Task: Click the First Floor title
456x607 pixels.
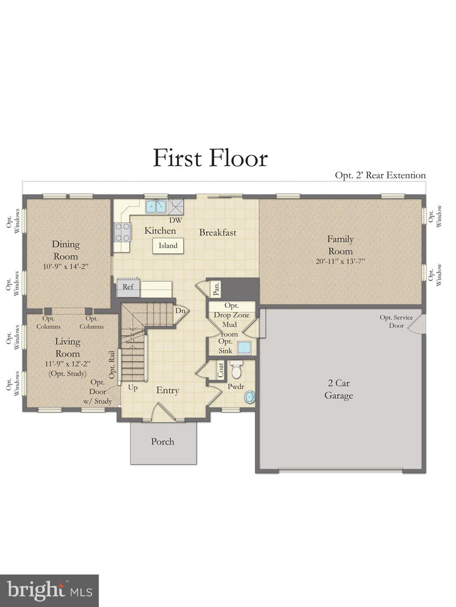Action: pos(210,158)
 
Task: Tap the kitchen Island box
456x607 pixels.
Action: pos(168,246)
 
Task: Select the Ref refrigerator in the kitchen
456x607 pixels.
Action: pos(128,287)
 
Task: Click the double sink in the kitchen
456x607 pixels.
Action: pos(156,206)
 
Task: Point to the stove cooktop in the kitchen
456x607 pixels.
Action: pos(122,232)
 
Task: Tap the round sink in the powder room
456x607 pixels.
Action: pos(250,396)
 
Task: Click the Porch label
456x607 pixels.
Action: pos(162,442)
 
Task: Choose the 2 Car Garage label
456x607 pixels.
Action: pos(338,389)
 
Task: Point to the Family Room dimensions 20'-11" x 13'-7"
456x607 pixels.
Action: pos(340,262)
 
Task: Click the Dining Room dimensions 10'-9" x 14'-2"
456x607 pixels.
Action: pos(65,267)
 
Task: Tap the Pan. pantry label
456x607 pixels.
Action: pos(216,288)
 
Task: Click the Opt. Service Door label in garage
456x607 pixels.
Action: pos(396,321)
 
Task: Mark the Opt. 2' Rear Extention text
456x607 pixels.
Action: pos(380,175)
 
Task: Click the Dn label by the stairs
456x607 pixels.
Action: pos(180,311)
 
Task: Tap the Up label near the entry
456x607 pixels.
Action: pos(133,388)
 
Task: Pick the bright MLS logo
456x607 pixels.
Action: pos(49,590)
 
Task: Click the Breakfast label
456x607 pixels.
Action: pos(217,233)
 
